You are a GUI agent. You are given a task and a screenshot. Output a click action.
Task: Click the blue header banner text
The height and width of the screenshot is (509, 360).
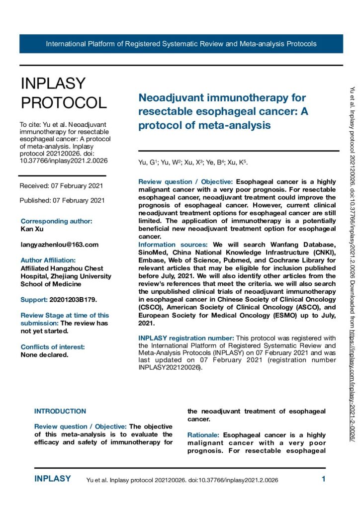pyautogui.click(x=181, y=44)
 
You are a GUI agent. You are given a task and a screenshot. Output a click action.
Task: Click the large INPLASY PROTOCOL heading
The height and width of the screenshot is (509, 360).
pyautogui.click(x=63, y=93)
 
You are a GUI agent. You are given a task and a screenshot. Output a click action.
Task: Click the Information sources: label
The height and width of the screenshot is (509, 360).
pyautogui.click(x=173, y=245)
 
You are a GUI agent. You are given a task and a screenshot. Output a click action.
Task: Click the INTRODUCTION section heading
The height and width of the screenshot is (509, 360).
pyautogui.click(x=60, y=411)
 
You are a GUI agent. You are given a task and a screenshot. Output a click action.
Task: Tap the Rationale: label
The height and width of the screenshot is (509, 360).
pyautogui.click(x=204, y=435)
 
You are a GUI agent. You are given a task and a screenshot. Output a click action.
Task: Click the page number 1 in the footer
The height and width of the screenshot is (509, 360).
pyautogui.click(x=323, y=480)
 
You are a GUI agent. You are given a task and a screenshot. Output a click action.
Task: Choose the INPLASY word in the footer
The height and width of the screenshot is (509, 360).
pyautogui.click(x=52, y=479)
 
